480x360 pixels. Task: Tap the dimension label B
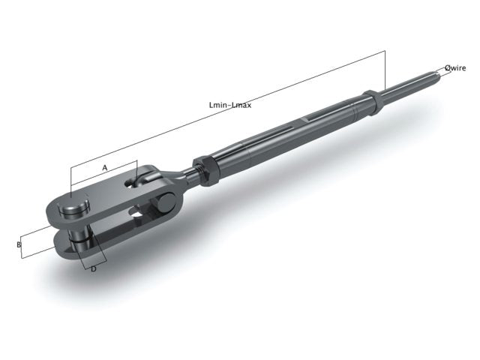pos(19,244)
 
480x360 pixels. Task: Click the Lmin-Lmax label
pos(231,106)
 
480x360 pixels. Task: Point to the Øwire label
pos(455,67)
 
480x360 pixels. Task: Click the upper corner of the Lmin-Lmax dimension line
pos(385,51)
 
